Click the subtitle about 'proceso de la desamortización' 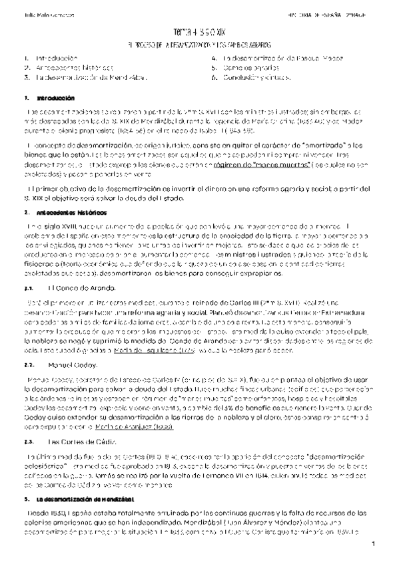(x=199, y=45)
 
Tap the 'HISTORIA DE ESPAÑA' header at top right (x=336, y=13)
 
